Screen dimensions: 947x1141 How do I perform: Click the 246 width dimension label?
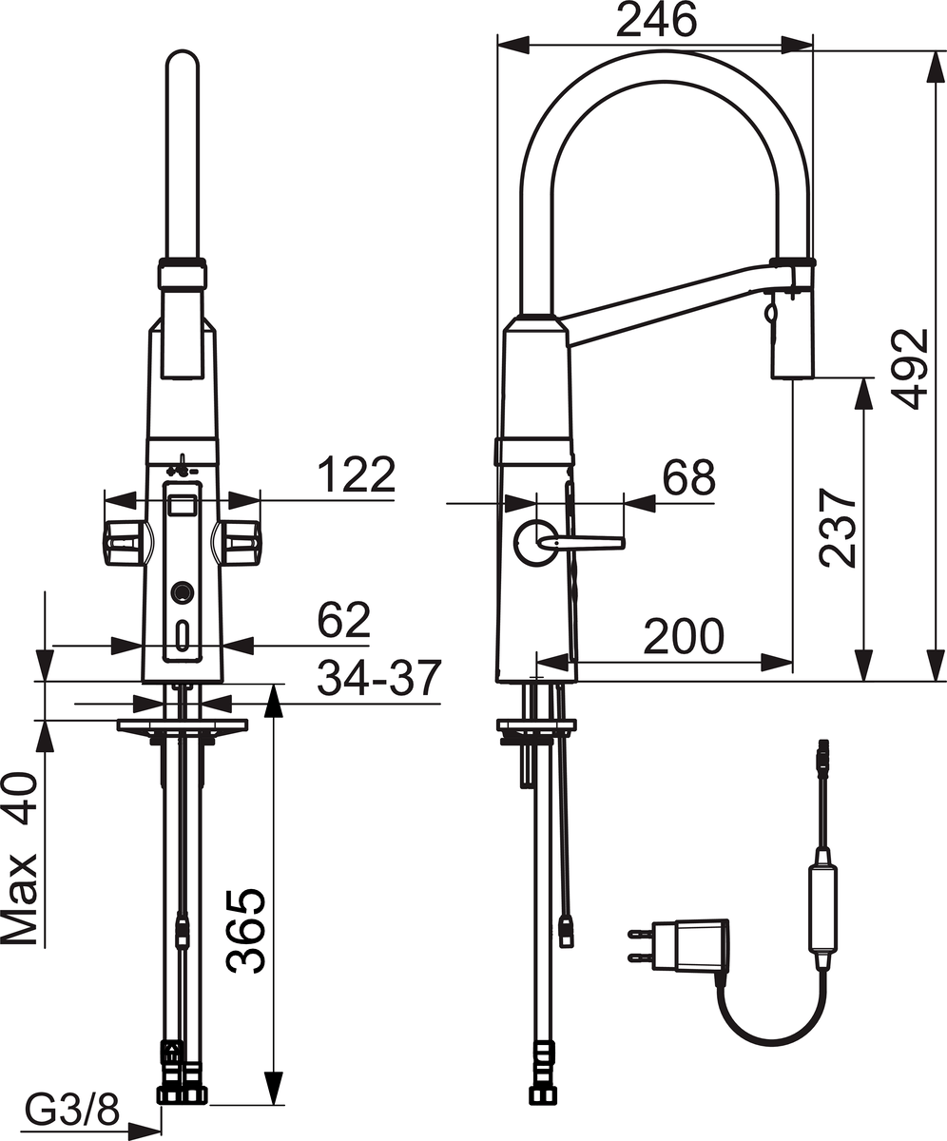(657, 20)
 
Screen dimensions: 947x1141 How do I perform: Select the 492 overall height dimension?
(910, 369)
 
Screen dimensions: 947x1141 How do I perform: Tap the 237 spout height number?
(837, 529)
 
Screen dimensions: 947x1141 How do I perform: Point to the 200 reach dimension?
(684, 636)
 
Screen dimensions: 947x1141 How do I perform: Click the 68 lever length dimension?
(688, 477)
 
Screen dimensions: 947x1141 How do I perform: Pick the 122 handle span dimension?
(357, 474)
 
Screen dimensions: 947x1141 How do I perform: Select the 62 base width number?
(344, 620)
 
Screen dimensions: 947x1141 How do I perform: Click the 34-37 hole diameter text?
(379, 678)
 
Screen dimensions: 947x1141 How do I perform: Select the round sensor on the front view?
(182, 591)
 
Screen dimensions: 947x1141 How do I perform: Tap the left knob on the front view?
(126, 543)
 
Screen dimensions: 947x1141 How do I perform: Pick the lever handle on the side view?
(580, 542)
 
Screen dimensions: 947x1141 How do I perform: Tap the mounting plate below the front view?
(182, 725)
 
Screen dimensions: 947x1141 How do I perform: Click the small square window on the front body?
(182, 504)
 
